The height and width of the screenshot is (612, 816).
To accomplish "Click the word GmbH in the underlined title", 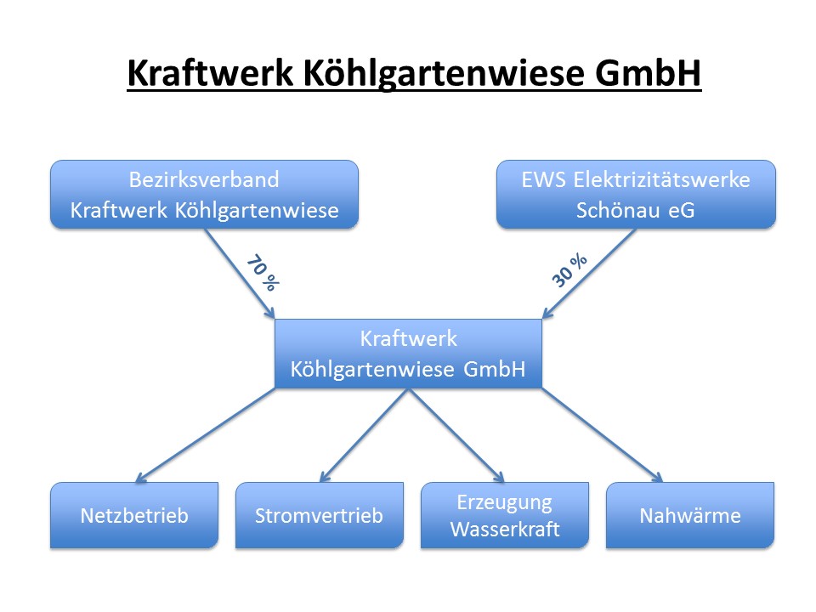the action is coord(648,72).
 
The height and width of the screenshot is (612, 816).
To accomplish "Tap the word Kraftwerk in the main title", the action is coord(210,72).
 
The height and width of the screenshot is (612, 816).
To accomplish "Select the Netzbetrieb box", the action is coord(134,515).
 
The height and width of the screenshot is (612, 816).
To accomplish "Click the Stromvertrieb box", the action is coord(319,515).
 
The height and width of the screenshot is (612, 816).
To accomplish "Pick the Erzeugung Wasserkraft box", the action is coord(504,515).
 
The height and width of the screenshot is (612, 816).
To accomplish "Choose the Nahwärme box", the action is coord(690,515).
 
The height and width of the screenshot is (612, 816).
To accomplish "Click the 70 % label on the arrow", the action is coord(263,272).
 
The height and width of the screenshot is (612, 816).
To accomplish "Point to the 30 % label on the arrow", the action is coord(569,270).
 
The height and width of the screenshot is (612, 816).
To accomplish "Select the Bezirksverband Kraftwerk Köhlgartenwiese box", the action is coord(204,194).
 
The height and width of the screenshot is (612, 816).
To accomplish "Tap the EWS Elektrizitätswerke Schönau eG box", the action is coord(636,194).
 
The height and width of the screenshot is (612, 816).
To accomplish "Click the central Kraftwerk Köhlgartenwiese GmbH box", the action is coord(408,354).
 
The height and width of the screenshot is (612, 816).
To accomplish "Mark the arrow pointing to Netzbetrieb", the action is coord(205,435).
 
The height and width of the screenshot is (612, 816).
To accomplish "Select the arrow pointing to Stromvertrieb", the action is coord(364,435).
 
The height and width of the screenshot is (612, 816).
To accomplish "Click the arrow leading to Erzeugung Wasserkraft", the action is coord(456,435).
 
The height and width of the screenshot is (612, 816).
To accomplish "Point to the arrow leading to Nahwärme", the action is coord(602,435).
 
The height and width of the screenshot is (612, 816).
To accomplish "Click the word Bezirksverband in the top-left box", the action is coord(204,179).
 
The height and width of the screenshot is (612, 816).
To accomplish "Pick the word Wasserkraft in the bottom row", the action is coord(505,530).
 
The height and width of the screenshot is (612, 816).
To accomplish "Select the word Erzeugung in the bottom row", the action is coord(504,503).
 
